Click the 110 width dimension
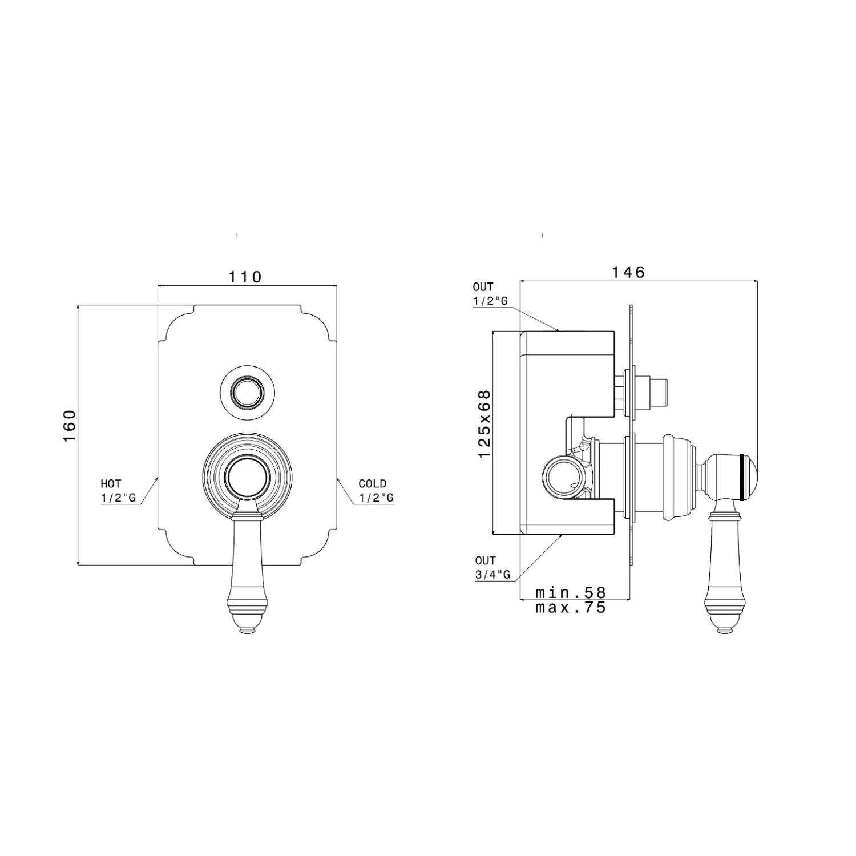click(x=245, y=277)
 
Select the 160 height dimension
click(x=70, y=426)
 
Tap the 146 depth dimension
click(x=628, y=272)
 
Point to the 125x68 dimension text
click(x=484, y=423)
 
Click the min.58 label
click(x=571, y=592)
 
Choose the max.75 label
click(x=571, y=607)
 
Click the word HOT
click(x=111, y=484)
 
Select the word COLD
click(x=372, y=484)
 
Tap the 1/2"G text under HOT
click(x=118, y=498)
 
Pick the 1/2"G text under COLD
click(x=376, y=498)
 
